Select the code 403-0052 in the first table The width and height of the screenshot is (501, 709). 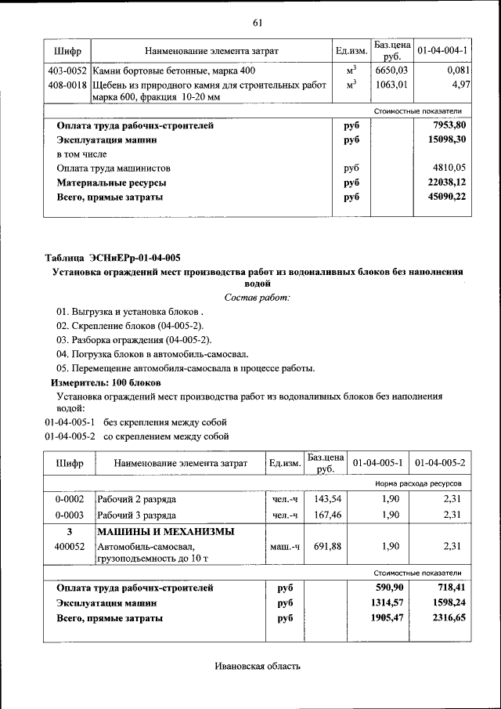(x=67, y=71)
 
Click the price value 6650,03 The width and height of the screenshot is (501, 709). (x=389, y=71)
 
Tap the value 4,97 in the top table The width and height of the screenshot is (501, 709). (x=460, y=85)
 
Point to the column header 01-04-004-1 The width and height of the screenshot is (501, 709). (x=442, y=51)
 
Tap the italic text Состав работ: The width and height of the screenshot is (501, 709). (x=257, y=298)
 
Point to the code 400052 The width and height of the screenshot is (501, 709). (x=70, y=547)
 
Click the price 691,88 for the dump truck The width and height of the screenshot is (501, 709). (x=326, y=547)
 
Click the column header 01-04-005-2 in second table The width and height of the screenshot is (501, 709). (x=440, y=463)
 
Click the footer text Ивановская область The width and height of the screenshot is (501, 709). (x=258, y=667)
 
